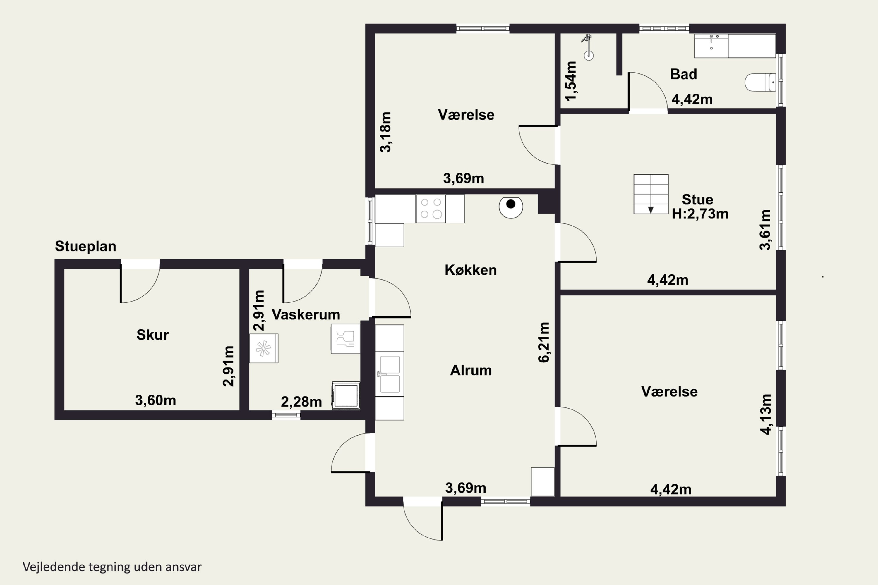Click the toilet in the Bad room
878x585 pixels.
pos(760,82)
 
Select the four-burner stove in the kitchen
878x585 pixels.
pos(431,209)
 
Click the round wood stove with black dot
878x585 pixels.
pos(511,207)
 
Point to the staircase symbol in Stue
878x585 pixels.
pos(651,194)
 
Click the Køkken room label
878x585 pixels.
pos(471,270)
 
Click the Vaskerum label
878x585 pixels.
pos(306,314)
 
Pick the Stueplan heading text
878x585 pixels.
pos(85,246)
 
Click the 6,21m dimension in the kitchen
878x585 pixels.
pos(543,342)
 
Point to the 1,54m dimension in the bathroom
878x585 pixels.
pos(571,81)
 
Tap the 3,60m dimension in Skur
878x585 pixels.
pos(155,400)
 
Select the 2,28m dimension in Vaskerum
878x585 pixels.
pos(301,402)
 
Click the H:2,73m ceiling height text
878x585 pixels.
pos(700,214)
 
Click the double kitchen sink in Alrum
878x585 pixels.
pos(389,374)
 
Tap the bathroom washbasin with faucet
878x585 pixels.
pos(711,46)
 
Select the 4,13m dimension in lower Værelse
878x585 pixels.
pos(766,414)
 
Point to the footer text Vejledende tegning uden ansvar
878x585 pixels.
pos(112,567)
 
